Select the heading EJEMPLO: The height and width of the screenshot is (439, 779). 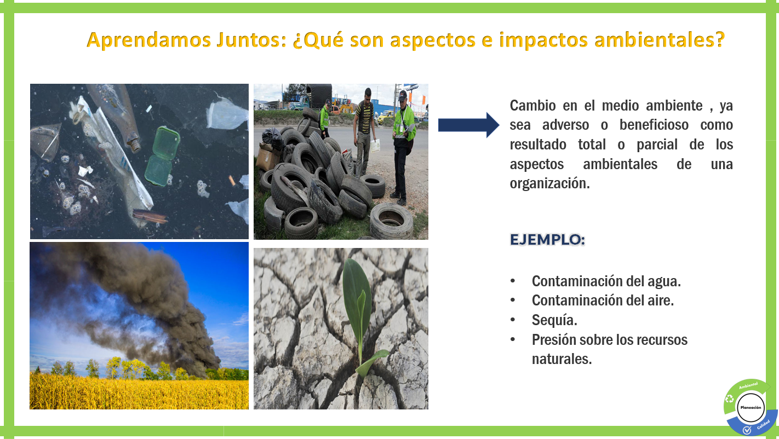point(547,240)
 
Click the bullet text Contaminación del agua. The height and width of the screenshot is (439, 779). point(606,281)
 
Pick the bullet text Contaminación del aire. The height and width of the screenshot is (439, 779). point(603,301)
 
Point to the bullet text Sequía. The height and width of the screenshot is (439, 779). point(554,320)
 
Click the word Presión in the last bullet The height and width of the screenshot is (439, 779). point(554,340)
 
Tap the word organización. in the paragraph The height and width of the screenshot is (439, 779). point(549,184)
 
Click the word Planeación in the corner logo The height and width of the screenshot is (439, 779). point(750,408)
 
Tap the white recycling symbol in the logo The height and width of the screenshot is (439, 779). point(730,399)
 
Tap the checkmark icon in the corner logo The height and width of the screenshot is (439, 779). point(746,431)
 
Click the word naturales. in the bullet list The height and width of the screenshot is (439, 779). point(562,360)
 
